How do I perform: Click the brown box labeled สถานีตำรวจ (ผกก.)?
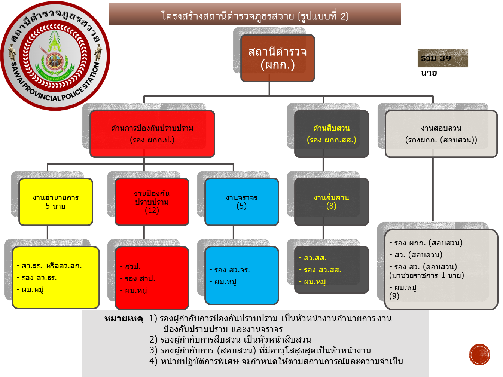[x=277, y=58]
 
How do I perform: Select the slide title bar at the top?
[x=255, y=15]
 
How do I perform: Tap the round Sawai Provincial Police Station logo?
[x=55, y=56]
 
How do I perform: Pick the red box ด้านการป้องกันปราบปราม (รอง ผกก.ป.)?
[x=152, y=134]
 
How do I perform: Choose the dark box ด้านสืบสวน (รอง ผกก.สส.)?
[x=331, y=134]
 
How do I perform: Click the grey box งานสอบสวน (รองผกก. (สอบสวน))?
[x=441, y=134]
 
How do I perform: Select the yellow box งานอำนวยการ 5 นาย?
[x=55, y=202]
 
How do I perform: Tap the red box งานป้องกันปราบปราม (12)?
[x=152, y=202]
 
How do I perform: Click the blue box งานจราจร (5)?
[x=241, y=202]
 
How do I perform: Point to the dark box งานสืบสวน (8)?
[x=331, y=202]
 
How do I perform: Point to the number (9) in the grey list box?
[x=394, y=296]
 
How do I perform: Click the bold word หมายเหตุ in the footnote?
[x=124, y=319]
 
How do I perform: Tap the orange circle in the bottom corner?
[x=479, y=354]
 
